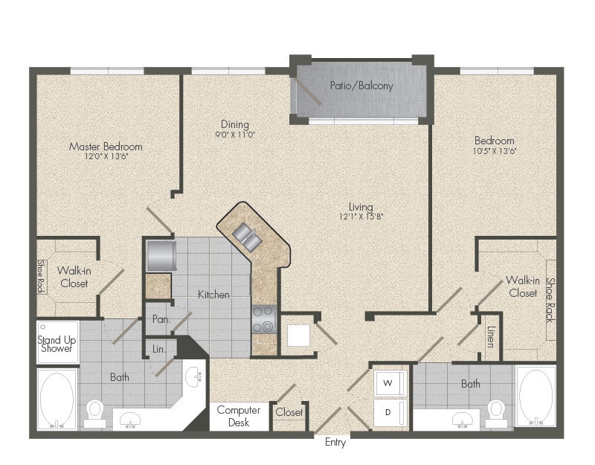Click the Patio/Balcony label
[x=361, y=86]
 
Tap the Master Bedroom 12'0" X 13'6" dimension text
[x=106, y=156]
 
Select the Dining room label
[x=235, y=124]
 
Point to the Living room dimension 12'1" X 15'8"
[x=361, y=217]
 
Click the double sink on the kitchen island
[x=246, y=236]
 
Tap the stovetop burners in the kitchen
[x=264, y=319]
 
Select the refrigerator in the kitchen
[x=161, y=255]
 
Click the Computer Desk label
[x=239, y=416]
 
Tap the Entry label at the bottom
[x=335, y=443]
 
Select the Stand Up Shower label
[x=57, y=344]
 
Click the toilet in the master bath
[x=94, y=414]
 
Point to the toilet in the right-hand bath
[x=495, y=414]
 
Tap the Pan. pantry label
[x=161, y=319]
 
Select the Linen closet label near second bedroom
[x=491, y=337]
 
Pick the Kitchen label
[x=213, y=295]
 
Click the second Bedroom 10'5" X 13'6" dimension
[x=495, y=151]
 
